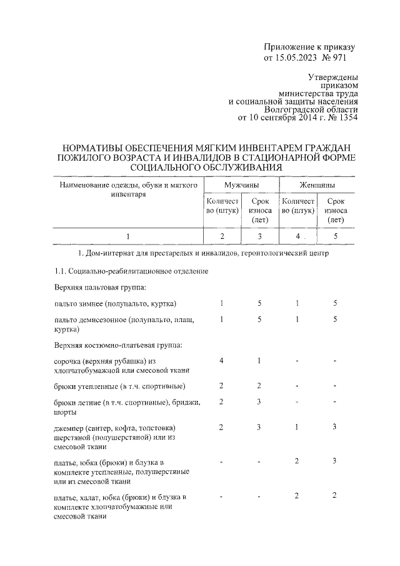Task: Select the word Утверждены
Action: coord(333,78)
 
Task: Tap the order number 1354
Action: coord(346,117)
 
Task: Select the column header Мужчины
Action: coord(241,186)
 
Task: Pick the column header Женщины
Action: coord(316,186)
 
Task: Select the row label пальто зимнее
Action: coord(115,303)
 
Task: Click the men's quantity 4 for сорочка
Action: coord(222,361)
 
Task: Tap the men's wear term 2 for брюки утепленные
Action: coord(259,385)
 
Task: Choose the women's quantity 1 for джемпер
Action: coord(297,427)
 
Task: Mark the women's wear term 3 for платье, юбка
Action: coord(335,461)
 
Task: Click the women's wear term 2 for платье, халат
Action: coord(335,495)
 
